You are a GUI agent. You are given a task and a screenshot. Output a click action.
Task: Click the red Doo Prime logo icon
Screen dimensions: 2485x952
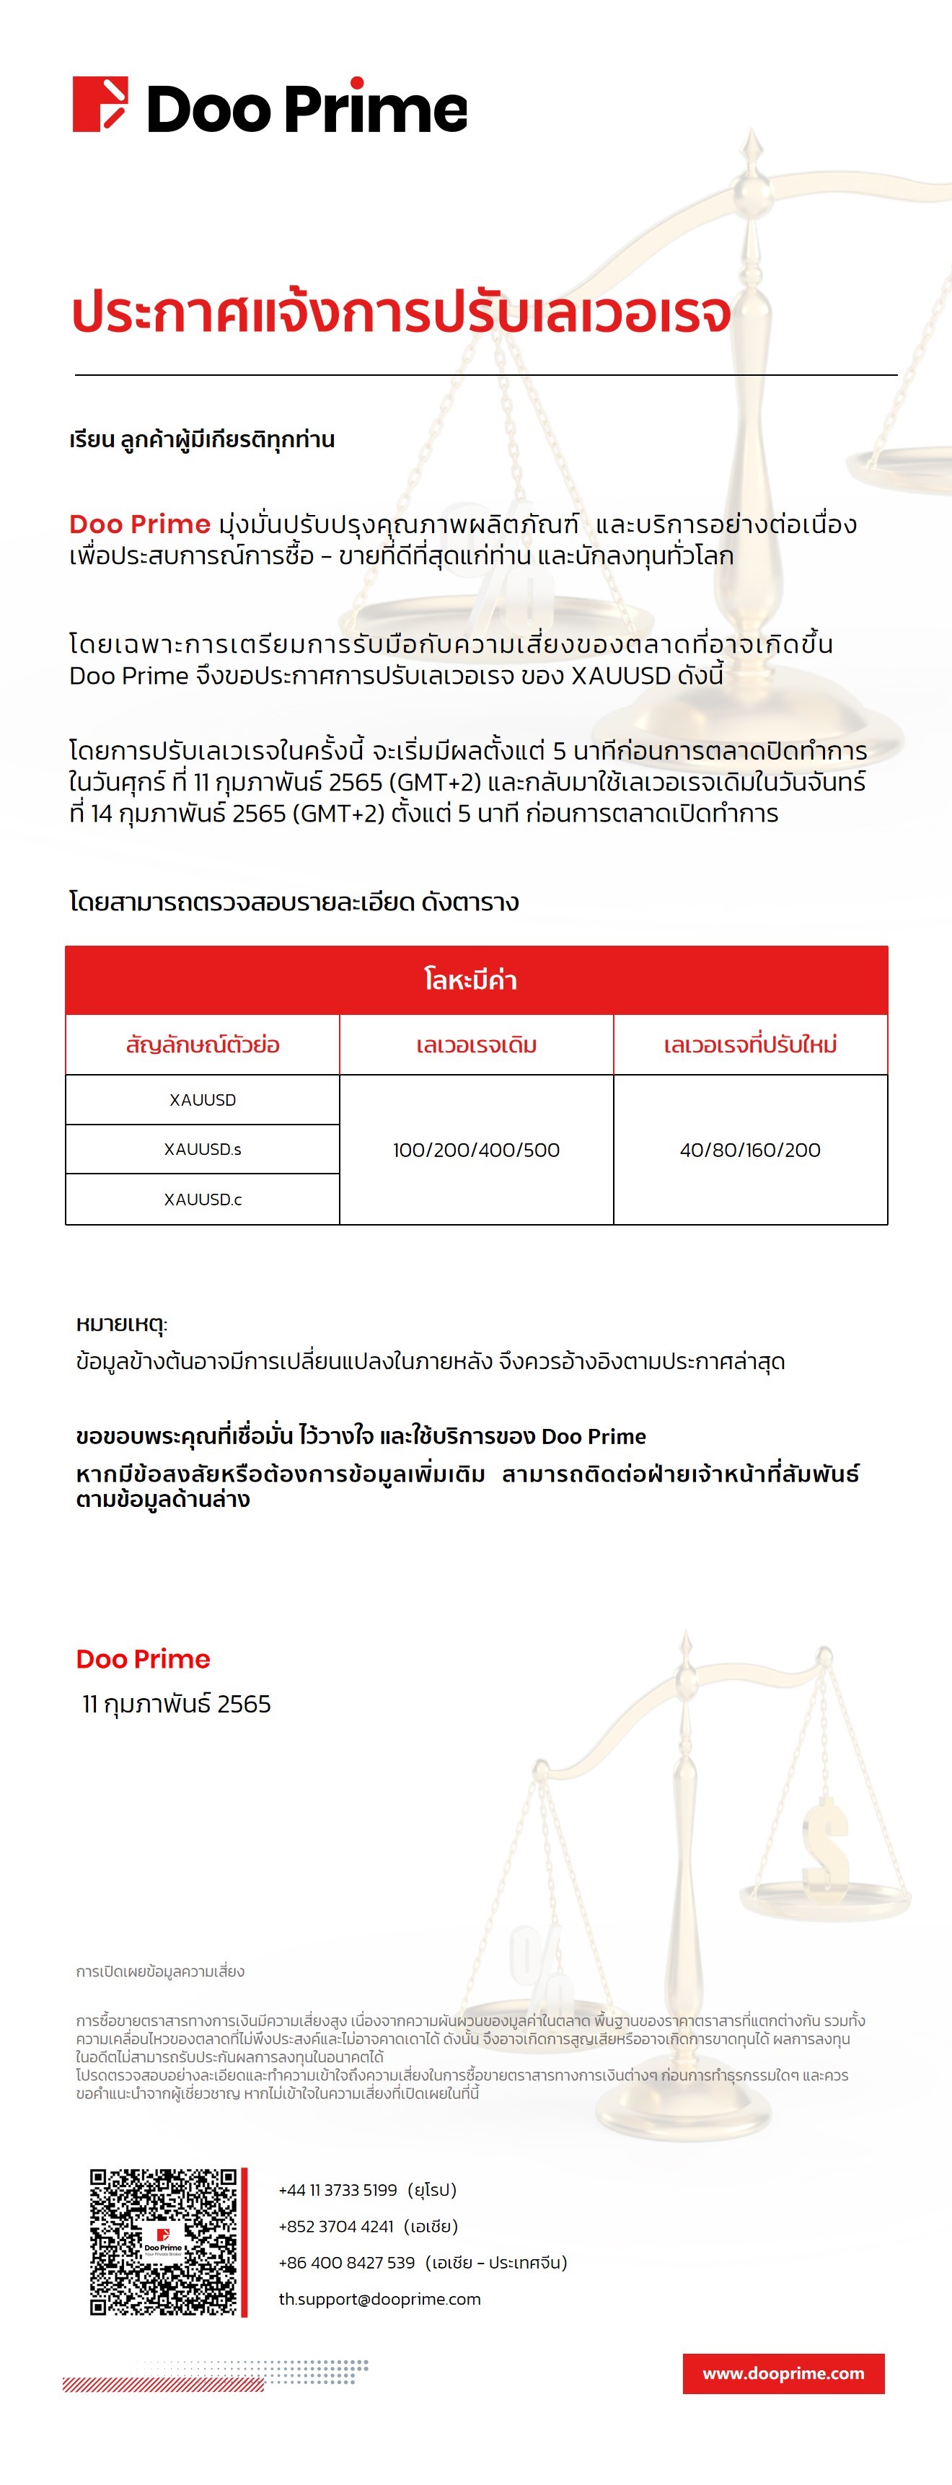click(100, 104)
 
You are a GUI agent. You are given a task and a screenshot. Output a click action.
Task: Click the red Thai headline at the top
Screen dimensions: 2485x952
click(401, 312)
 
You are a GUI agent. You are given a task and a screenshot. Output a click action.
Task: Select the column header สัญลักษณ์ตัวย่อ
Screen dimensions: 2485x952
click(203, 1044)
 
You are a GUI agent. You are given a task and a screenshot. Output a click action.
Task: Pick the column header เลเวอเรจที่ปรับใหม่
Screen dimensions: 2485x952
click(749, 1044)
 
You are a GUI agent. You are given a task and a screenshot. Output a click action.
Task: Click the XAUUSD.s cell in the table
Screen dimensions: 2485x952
click(203, 1149)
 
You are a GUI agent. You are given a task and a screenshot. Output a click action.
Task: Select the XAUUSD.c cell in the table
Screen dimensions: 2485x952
click(203, 1199)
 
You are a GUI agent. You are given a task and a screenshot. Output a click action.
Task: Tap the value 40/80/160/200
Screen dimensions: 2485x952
click(749, 1150)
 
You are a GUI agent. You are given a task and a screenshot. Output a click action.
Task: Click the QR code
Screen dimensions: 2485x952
click(163, 2241)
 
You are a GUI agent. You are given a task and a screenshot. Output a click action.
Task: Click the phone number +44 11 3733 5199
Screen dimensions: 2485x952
click(338, 2190)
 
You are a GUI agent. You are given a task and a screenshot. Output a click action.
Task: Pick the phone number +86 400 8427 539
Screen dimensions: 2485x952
click(346, 2262)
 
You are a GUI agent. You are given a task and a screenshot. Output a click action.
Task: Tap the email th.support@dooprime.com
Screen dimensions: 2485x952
click(379, 2299)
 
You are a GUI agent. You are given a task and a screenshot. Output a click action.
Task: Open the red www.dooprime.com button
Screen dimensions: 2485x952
click(783, 2373)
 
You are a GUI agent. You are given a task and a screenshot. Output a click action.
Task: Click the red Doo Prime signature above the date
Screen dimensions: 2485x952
click(143, 1659)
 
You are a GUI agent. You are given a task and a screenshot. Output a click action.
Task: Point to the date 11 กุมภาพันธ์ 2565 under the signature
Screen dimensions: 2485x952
click(177, 1704)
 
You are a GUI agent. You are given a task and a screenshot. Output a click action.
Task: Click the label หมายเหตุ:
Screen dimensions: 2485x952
click(122, 1324)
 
